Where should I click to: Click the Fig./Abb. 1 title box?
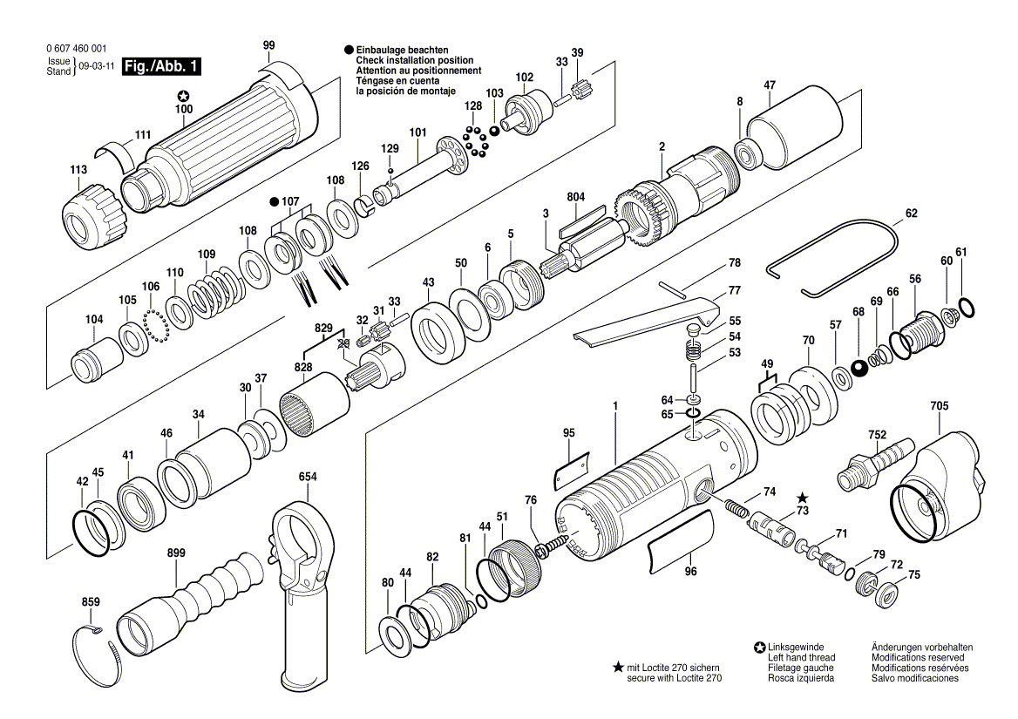[x=161, y=67]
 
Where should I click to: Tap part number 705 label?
[x=939, y=406]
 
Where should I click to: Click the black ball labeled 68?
[x=861, y=368]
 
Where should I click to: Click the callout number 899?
[x=176, y=553]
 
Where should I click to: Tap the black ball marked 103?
[x=495, y=131]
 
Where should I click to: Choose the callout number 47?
[x=770, y=85]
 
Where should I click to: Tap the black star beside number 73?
[x=803, y=498]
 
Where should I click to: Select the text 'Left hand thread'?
[x=801, y=657]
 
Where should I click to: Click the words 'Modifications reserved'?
[x=918, y=657]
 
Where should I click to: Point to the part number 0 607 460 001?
[x=77, y=49]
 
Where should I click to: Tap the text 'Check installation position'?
[x=414, y=60]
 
